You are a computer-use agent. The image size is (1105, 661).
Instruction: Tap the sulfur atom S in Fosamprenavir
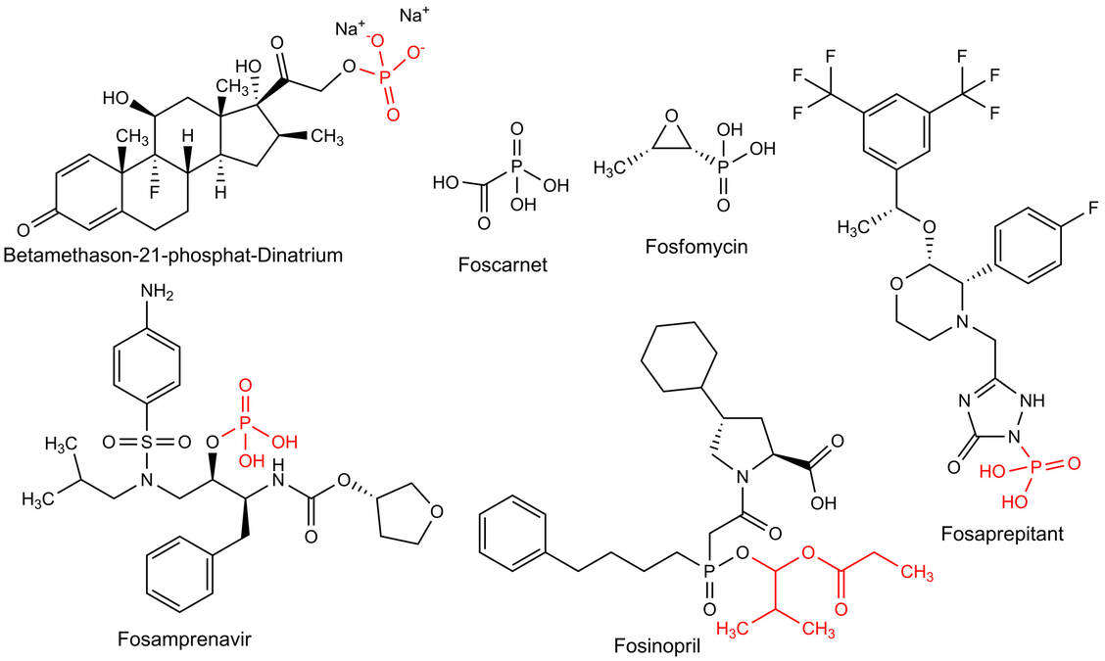coord(147,442)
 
